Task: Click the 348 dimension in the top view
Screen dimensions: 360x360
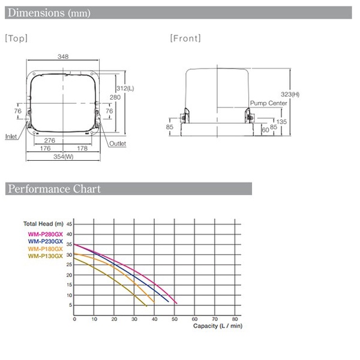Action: [63, 56]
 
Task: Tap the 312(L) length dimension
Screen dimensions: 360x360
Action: [125, 88]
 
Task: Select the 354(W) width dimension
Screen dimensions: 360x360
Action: [64, 157]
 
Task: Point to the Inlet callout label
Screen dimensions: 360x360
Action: [11, 136]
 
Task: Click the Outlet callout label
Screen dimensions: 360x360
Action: [118, 143]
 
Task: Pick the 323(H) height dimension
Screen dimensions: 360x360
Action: [290, 94]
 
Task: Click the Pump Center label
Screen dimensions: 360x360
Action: [268, 103]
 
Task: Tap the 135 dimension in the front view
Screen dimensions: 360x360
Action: [281, 122]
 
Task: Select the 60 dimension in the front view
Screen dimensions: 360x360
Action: [265, 130]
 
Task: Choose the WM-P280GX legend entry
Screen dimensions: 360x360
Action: [45, 234]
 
